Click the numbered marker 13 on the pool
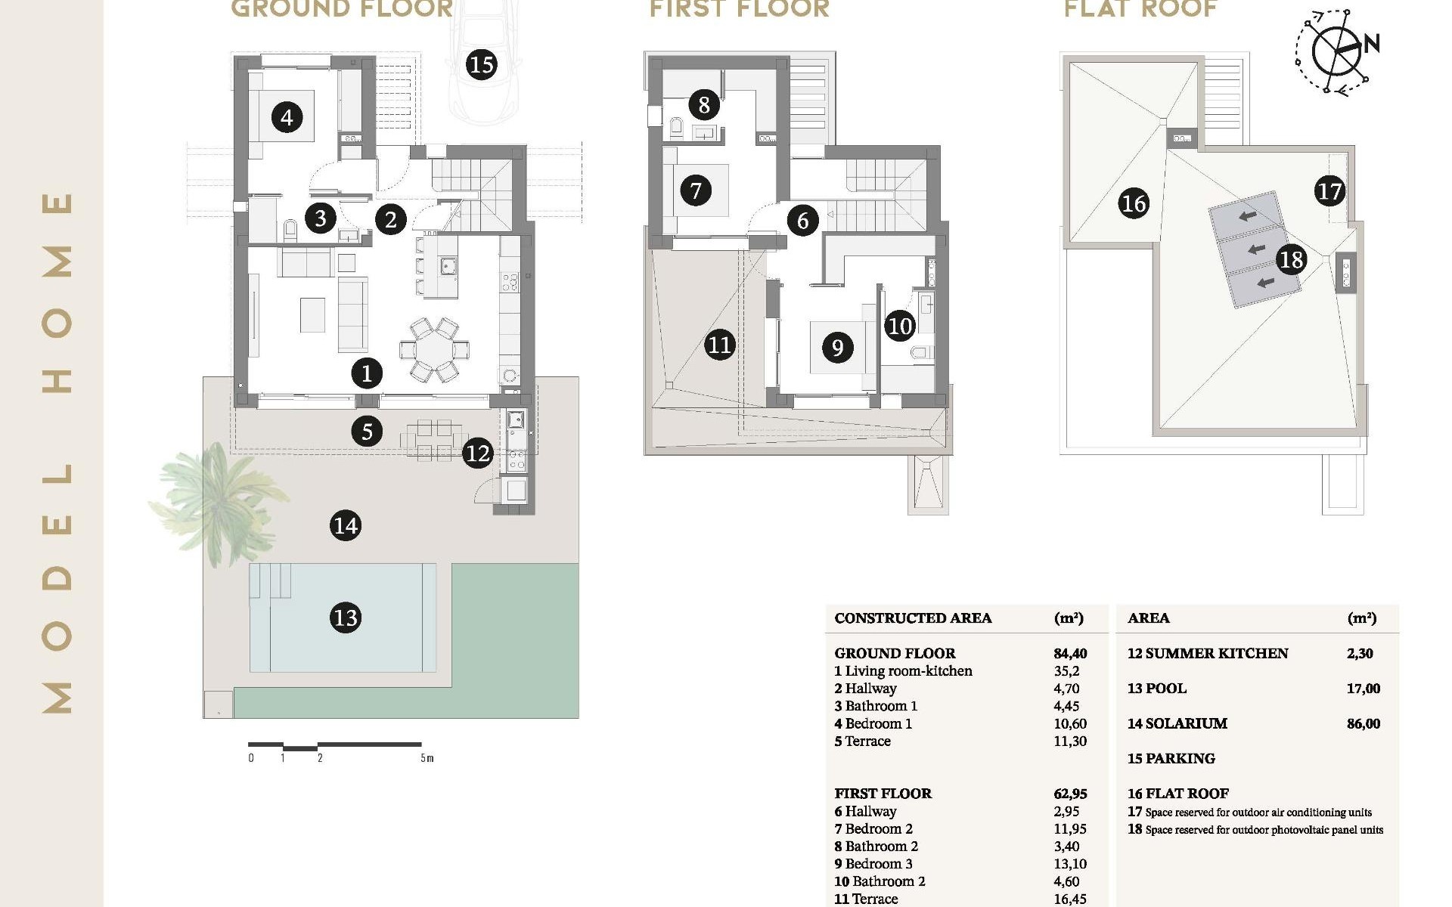346,618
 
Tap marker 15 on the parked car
481,65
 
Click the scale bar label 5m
427,758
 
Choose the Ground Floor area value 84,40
1070,653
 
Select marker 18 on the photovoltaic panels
1291,259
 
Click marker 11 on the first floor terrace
719,345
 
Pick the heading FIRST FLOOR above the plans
739,9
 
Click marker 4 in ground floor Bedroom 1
286,117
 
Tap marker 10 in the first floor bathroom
900,326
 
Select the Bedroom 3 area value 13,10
1069,864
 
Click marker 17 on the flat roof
1329,191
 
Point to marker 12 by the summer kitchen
477,453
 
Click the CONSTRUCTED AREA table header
912,618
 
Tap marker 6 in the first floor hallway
802,220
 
